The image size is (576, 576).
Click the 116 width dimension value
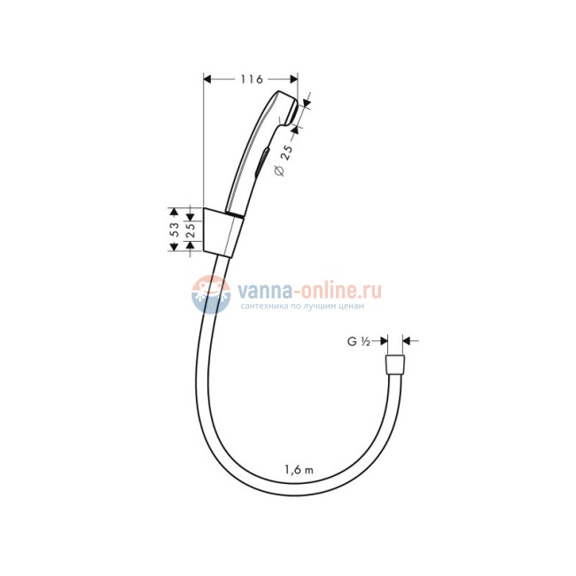pos(252,80)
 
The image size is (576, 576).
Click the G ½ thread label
pos(358,339)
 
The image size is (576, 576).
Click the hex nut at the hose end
pos(394,366)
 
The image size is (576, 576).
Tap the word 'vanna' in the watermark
pos(260,289)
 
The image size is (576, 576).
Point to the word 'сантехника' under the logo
pos(263,307)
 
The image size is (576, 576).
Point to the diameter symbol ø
pos(278,172)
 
